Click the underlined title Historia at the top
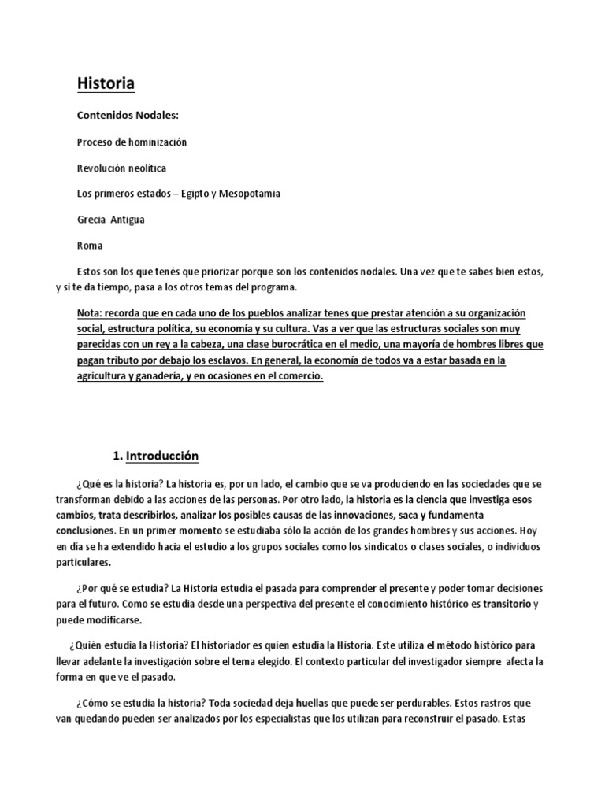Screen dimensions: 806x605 click(105, 83)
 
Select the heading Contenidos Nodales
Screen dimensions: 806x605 click(128, 116)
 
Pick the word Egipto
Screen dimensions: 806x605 click(188, 194)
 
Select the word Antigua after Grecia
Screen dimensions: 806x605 click(126, 220)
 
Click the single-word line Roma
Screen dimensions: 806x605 click(90, 246)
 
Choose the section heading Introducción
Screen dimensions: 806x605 click(164, 457)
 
